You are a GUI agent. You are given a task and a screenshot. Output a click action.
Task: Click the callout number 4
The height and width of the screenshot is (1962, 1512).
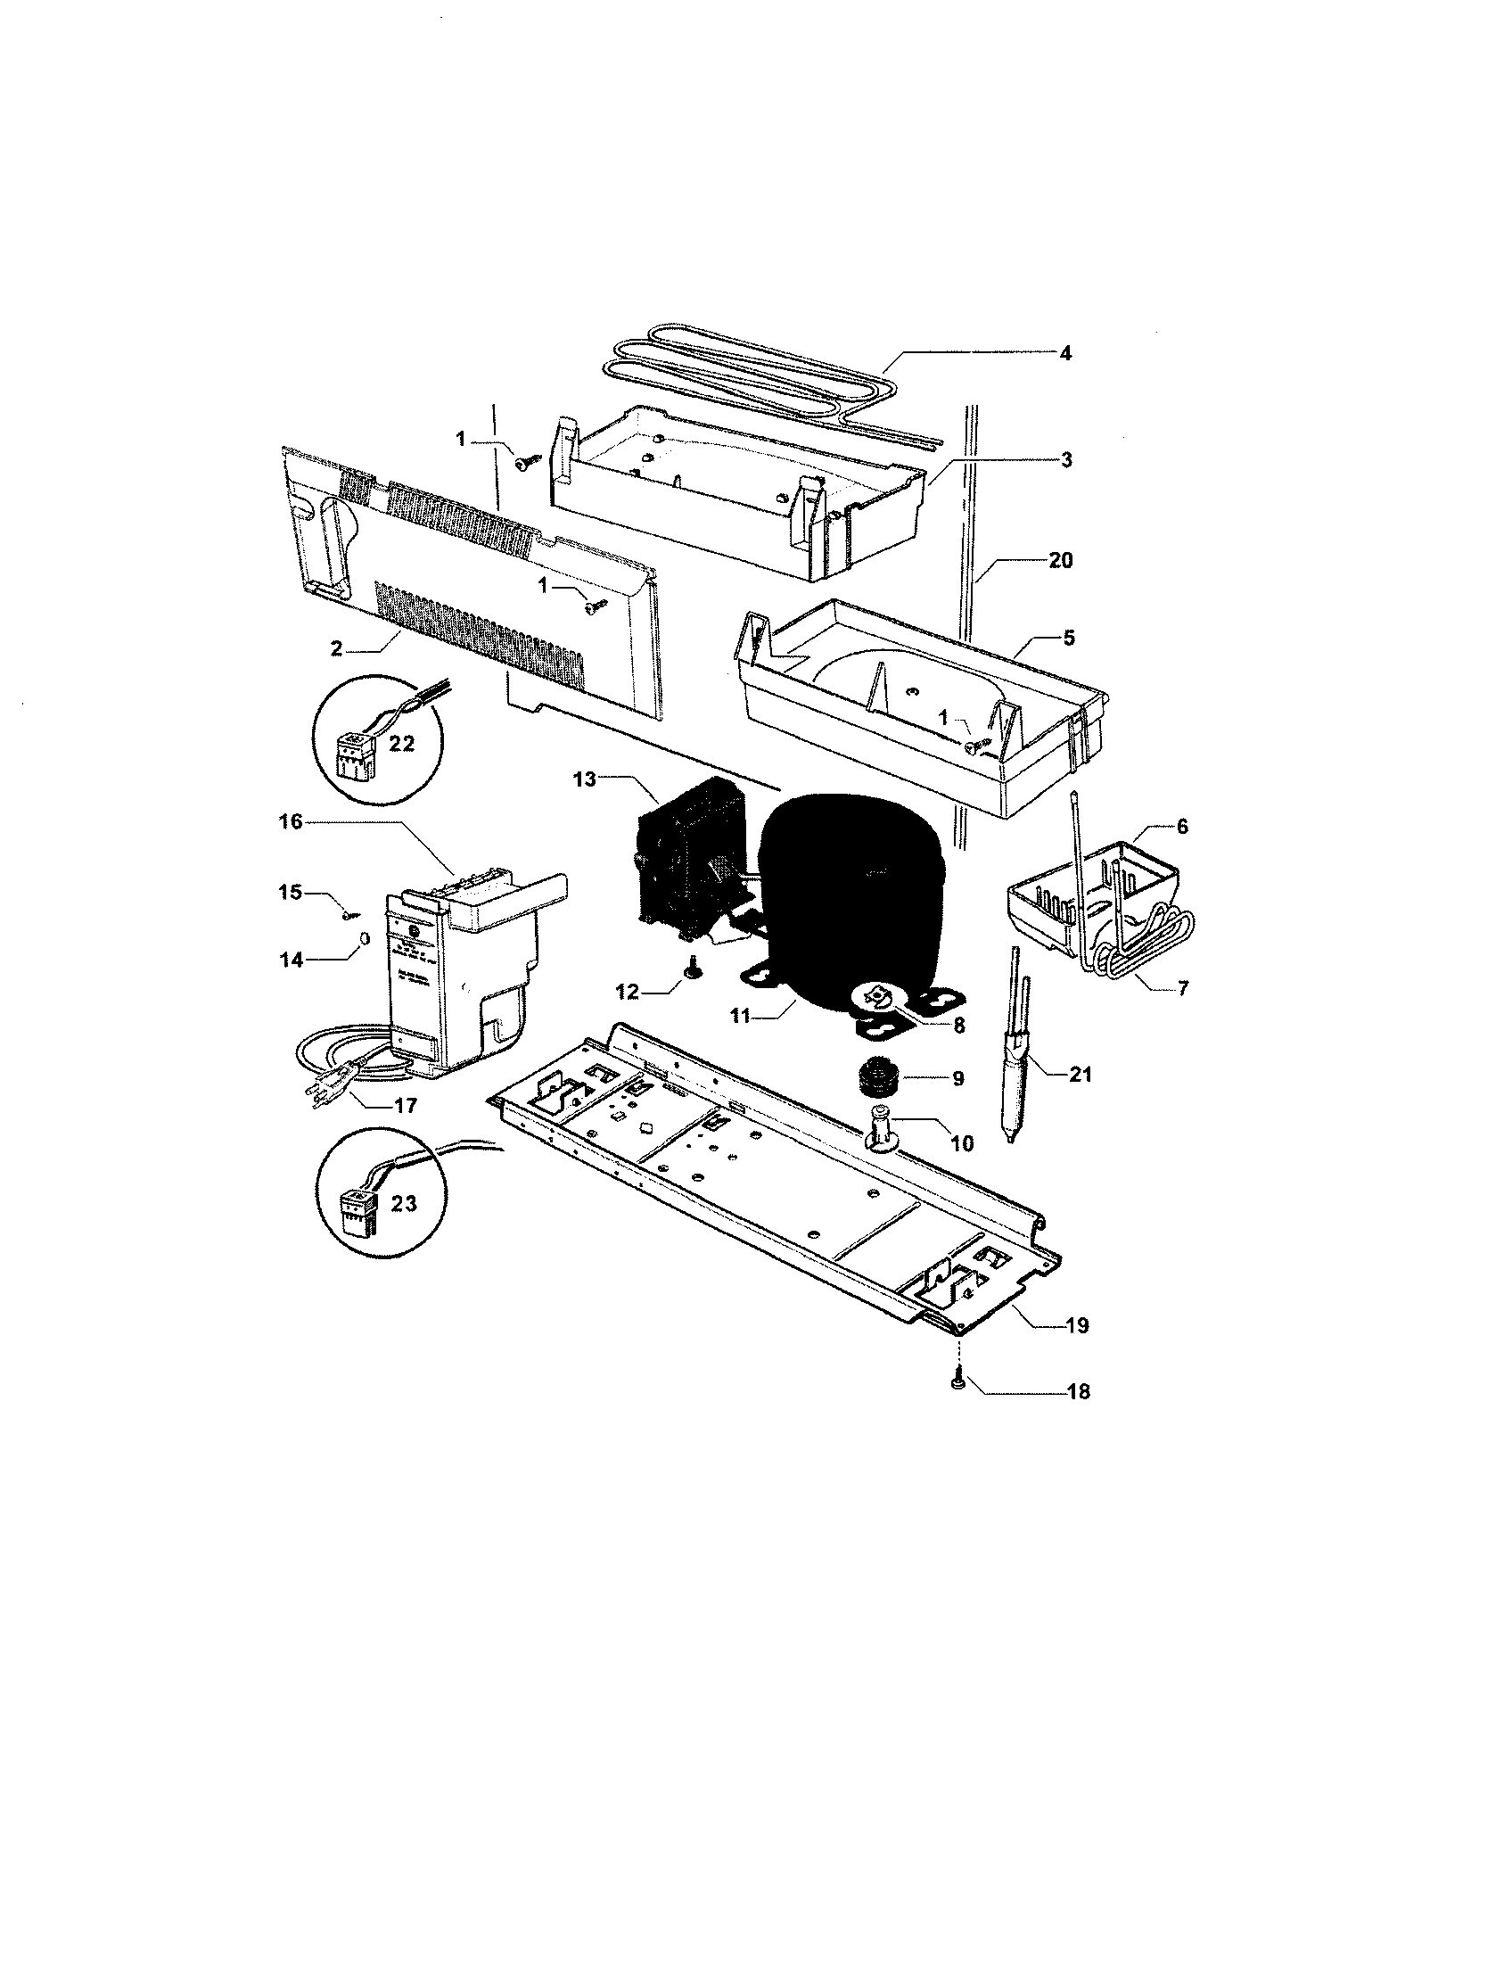pyautogui.click(x=1064, y=353)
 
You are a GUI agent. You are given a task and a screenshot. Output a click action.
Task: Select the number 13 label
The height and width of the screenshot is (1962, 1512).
pyautogui.click(x=584, y=779)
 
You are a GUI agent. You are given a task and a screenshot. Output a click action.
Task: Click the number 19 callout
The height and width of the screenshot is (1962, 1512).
pyautogui.click(x=1077, y=1324)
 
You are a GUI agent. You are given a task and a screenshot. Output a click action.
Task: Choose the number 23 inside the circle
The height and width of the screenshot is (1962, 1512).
pyautogui.click(x=404, y=1203)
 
